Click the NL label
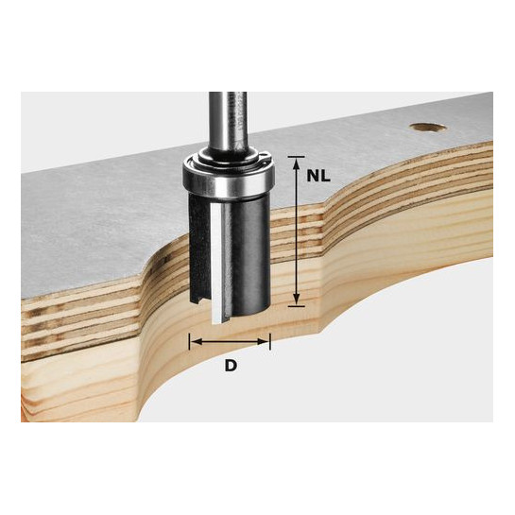click(318, 177)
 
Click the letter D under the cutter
click(231, 366)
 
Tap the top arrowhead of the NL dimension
click(297, 163)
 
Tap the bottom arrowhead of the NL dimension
click(297, 299)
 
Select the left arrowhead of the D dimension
click(197, 342)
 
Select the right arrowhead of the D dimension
click(264, 342)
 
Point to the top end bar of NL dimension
click(297, 157)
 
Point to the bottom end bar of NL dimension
click(297, 306)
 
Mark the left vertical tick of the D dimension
click(190, 342)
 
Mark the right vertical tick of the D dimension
click(270, 342)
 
